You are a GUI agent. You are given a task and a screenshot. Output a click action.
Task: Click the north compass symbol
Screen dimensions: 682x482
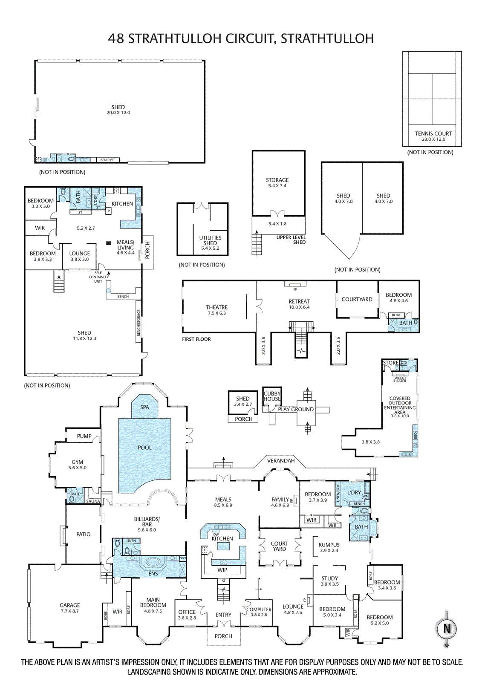(x=447, y=628)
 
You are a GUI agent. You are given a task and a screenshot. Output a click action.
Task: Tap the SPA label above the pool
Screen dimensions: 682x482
(x=144, y=407)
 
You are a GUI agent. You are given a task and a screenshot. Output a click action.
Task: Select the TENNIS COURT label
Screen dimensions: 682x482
(x=433, y=133)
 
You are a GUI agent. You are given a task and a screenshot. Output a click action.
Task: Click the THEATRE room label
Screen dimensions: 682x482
(x=216, y=307)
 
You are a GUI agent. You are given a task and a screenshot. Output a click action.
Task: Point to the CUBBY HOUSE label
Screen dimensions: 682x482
(x=272, y=396)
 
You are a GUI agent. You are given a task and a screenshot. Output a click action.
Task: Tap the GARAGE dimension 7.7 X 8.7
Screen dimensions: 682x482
(x=69, y=611)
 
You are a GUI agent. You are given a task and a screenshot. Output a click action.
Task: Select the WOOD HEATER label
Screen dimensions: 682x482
(x=400, y=379)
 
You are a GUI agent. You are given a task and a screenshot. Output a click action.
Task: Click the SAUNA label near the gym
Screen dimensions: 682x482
(x=93, y=501)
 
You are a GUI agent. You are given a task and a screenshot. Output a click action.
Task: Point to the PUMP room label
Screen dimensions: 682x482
(x=84, y=436)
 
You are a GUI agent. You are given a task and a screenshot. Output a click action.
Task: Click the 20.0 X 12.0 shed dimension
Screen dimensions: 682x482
(x=118, y=113)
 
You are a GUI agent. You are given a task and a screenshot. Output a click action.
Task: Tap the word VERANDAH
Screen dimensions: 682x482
(x=281, y=460)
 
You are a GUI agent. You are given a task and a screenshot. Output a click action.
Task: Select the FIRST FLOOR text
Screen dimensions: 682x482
(x=196, y=339)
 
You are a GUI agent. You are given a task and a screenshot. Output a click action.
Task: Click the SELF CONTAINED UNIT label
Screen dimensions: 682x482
(x=98, y=277)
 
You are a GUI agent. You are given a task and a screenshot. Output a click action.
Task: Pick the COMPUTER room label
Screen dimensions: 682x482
(x=259, y=610)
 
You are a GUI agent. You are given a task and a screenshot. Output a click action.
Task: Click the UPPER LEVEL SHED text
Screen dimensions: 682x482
(x=291, y=240)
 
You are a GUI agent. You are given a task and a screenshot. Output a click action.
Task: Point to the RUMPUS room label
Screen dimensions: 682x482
(x=329, y=545)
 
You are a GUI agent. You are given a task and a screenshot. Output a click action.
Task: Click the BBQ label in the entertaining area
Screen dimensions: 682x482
(x=415, y=436)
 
